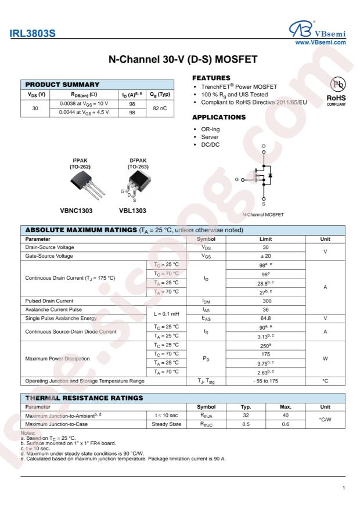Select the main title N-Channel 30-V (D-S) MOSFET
pos(180,61)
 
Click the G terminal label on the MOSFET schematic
pos(237,180)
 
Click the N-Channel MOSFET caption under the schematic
pos(264,215)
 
